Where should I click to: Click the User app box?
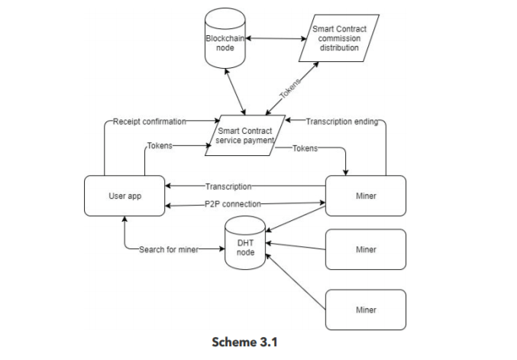pos(124,196)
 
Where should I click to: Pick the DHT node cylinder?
pos(245,243)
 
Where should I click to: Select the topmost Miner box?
pos(366,196)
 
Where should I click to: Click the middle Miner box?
pos(366,249)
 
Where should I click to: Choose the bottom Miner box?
pos(366,310)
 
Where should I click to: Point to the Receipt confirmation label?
pos(149,121)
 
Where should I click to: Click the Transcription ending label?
pos(341,121)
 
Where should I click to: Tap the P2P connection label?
pos(233,204)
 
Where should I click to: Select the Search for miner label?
pos(169,249)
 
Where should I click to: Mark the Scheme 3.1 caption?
pos(244,341)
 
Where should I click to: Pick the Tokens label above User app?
pos(159,145)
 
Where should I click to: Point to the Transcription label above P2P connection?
pos(228,186)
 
